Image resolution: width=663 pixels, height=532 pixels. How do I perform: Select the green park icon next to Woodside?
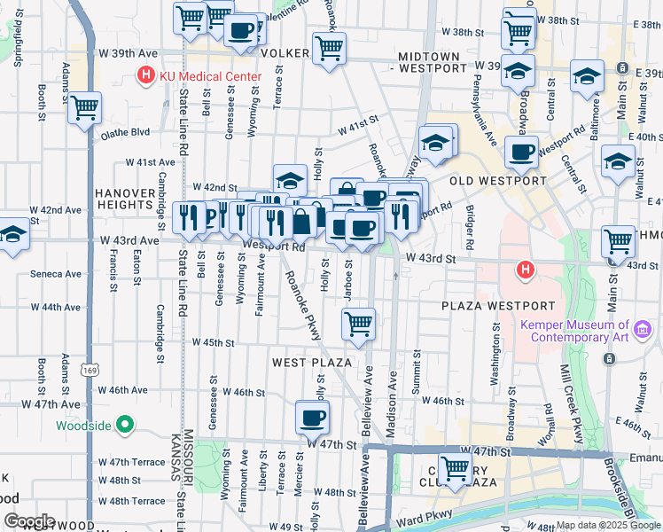[125, 426]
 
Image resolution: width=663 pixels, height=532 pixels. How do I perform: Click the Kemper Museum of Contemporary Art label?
[574, 331]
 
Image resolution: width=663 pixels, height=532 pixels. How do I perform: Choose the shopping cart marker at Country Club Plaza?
[456, 467]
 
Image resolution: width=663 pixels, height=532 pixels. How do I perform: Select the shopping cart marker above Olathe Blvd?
[85, 108]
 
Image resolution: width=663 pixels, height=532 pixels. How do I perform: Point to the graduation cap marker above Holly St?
[290, 179]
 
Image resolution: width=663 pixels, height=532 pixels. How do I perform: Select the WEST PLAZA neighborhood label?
[312, 363]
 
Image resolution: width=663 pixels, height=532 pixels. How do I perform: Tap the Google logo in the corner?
[30, 520]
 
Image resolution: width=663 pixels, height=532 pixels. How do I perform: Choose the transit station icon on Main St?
[610, 358]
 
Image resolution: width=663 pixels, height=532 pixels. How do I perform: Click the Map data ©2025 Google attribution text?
[607, 525]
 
